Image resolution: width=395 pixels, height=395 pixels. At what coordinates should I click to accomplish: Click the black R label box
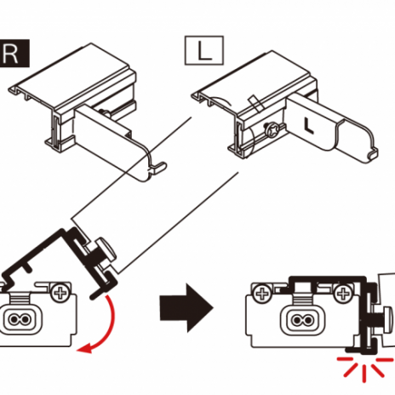pos(14,54)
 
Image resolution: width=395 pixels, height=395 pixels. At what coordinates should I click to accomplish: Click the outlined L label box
pos(204,50)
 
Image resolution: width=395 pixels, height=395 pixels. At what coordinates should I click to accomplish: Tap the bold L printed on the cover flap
pos(308,126)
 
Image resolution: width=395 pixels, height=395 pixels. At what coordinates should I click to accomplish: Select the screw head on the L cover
pos(271,131)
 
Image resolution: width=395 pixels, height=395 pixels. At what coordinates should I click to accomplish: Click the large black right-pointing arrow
pos(186,308)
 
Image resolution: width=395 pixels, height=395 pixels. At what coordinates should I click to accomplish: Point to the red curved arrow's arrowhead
pos(84,348)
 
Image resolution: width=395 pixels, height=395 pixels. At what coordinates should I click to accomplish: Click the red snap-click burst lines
pos(364,368)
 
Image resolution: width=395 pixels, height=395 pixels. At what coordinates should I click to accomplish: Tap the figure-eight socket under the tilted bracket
pos(20,319)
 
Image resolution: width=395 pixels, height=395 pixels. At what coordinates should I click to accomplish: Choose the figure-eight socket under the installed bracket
pos(301,320)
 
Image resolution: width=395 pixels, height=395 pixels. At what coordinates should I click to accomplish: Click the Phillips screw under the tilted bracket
pos(60,293)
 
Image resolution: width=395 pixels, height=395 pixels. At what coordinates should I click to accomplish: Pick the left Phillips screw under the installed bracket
pos(262,294)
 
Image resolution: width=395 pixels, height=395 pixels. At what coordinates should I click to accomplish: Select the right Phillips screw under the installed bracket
pos(342,294)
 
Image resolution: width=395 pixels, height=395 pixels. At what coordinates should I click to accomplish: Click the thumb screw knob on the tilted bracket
pos(106,249)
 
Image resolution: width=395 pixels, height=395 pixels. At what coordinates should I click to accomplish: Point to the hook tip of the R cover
pos(161,166)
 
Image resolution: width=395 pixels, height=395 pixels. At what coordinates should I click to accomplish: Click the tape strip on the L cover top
pos(255,103)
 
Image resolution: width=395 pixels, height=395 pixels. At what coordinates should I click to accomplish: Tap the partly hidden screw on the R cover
pos(106,113)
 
